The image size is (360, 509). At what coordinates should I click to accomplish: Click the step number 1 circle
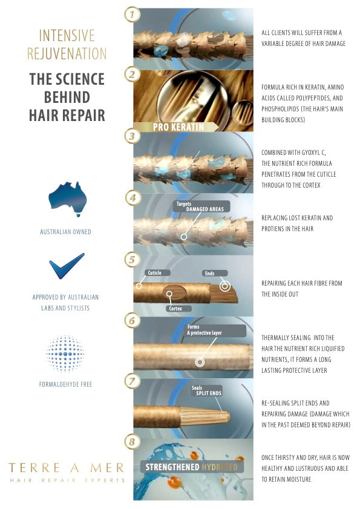click(x=133, y=15)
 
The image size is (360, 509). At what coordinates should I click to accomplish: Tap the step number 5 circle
click(x=133, y=260)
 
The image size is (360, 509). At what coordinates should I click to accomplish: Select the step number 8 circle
click(x=133, y=442)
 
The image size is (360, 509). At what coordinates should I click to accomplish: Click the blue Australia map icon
click(x=68, y=199)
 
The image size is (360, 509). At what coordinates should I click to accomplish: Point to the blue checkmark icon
click(x=67, y=266)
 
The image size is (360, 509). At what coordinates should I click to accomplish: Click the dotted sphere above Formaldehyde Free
click(x=65, y=353)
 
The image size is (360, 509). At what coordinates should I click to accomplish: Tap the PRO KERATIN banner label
click(x=178, y=127)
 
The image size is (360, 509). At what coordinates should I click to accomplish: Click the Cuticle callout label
click(x=154, y=273)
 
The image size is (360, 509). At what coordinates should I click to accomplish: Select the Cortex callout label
click(x=175, y=309)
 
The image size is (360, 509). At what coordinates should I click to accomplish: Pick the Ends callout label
click(x=210, y=274)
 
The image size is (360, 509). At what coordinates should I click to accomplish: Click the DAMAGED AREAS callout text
click(x=205, y=209)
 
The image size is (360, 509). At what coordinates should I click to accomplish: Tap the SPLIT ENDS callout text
click(x=209, y=393)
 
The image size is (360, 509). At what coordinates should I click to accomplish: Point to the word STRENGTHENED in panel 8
click(x=172, y=467)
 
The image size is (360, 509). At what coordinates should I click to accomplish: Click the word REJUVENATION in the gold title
click(x=67, y=53)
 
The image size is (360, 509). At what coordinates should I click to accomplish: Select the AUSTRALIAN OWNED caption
click(x=65, y=232)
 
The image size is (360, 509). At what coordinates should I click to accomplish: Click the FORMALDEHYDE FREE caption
click(x=65, y=384)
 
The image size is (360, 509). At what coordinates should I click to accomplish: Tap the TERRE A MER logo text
click(x=66, y=468)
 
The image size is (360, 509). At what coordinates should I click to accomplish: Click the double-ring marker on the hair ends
click(x=225, y=286)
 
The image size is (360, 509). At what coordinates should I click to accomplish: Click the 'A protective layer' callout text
click(x=204, y=333)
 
